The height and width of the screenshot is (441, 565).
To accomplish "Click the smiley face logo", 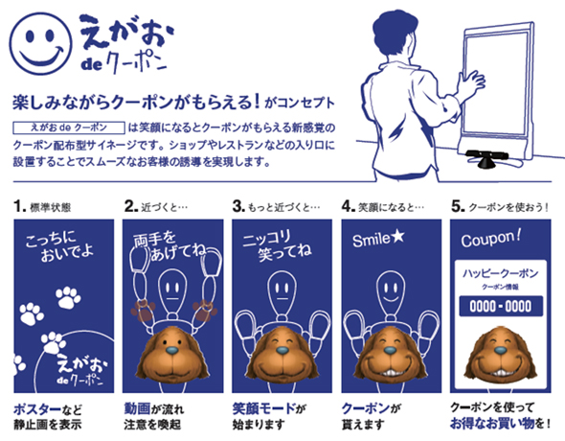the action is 40,43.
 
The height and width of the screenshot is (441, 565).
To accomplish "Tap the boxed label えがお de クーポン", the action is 69,128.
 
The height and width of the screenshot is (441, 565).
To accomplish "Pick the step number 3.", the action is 238,207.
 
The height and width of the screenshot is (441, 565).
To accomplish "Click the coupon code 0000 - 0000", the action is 501,307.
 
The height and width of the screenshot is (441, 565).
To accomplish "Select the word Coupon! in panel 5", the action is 490,239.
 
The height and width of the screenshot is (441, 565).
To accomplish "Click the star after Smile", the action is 397,236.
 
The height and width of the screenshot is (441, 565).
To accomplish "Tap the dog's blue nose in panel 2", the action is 172,350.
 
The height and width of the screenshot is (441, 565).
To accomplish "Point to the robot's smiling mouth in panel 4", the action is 390,299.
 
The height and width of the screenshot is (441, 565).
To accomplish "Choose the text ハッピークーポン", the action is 500,273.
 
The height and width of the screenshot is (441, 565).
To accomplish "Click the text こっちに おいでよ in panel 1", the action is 59,246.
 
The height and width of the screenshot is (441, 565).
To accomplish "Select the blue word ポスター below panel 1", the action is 37,409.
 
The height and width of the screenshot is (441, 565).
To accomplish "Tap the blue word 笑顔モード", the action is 264,409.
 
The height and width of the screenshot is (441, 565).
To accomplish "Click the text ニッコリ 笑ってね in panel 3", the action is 277,245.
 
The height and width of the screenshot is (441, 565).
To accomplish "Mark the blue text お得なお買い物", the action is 492,424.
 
